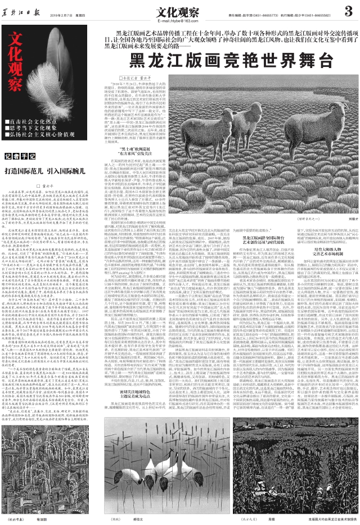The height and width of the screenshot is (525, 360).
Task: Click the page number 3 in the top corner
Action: (x=349, y=10)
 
